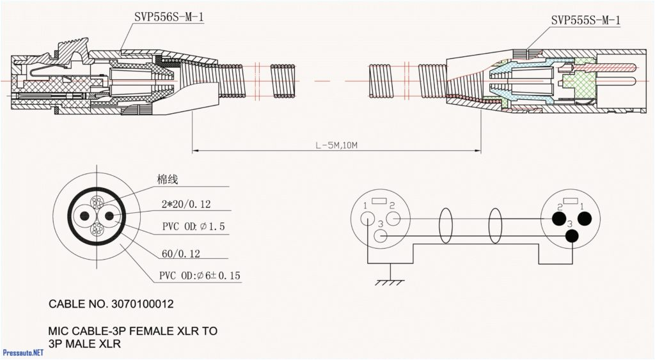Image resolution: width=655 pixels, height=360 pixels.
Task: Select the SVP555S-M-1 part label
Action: pyautogui.click(x=585, y=21)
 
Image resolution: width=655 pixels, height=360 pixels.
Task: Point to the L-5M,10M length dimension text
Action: pyautogui.click(x=336, y=145)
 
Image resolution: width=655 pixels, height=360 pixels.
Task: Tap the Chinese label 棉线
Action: pyautogui.click(x=168, y=180)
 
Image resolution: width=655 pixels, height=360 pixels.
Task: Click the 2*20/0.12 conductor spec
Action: pyautogui.click(x=186, y=205)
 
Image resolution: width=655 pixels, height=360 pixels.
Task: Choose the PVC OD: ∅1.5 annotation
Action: pyautogui.click(x=193, y=226)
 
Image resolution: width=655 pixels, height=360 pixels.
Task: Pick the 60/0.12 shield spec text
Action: pyautogui.click(x=181, y=254)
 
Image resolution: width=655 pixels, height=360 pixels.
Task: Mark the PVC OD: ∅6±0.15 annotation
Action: pyautogui.click(x=200, y=276)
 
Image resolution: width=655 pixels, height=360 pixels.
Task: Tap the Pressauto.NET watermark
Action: pyautogui.click(x=23, y=352)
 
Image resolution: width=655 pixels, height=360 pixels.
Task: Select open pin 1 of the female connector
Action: pyautogui.click(x=368, y=219)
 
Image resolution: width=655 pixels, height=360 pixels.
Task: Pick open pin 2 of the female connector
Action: pyautogui.click(x=393, y=219)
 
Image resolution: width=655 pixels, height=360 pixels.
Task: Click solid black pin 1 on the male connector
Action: pyautogui.click(x=583, y=219)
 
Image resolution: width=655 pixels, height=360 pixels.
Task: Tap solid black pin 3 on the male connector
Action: pyautogui.click(x=571, y=236)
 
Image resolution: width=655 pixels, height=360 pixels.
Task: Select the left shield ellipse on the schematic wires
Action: pyautogui.click(x=446, y=226)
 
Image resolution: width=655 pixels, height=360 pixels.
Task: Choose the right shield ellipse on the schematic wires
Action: pyautogui.click(x=495, y=226)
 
